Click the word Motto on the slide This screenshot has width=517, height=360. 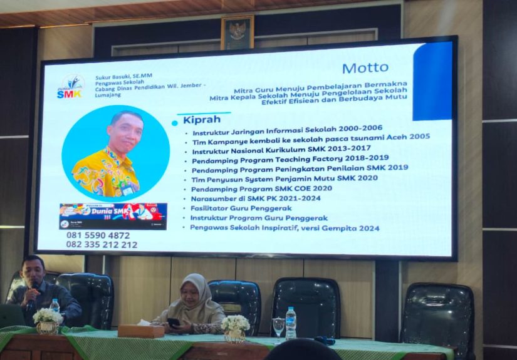(x=365, y=68)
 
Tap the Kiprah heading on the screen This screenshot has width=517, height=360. (x=200, y=119)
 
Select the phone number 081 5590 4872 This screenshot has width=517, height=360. (x=98, y=235)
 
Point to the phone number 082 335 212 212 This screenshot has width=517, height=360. (x=102, y=245)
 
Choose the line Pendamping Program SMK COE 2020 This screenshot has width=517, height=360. (x=262, y=188)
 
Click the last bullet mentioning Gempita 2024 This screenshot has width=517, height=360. (x=285, y=227)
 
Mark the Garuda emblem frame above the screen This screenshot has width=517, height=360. (x=238, y=33)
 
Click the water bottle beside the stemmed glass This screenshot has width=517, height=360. (x=291, y=323)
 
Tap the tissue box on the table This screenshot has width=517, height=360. (x=141, y=331)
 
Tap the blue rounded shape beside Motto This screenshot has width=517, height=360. (x=432, y=81)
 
